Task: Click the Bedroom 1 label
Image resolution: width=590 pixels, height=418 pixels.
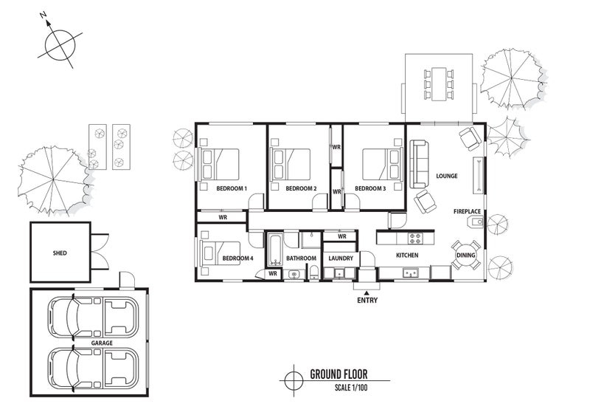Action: (x=232, y=188)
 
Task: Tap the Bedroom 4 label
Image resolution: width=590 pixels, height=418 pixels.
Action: (x=237, y=258)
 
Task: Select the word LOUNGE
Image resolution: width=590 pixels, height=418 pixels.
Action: (x=447, y=176)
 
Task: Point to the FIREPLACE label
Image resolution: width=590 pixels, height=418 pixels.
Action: (x=467, y=211)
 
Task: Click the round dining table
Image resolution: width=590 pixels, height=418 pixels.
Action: (x=466, y=256)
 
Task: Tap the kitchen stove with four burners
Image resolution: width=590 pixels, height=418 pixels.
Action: (x=415, y=239)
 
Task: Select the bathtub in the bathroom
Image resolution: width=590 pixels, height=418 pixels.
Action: (x=275, y=249)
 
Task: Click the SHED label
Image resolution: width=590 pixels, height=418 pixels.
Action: (x=60, y=253)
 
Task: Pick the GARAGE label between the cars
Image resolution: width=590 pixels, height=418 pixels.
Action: (x=102, y=343)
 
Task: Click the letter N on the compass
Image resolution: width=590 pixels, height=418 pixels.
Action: (x=43, y=15)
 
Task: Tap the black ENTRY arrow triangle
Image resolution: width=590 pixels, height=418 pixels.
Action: (x=367, y=292)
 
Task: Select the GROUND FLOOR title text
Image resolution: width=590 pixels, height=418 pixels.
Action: (x=339, y=374)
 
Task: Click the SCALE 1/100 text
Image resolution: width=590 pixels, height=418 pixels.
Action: (x=351, y=388)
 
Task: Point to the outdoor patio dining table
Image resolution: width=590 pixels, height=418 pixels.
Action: (x=438, y=83)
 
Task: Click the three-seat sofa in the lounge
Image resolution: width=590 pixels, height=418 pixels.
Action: (x=419, y=164)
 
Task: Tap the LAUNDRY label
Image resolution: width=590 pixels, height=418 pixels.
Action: (x=341, y=258)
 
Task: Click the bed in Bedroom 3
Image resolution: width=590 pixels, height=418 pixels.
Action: (x=381, y=165)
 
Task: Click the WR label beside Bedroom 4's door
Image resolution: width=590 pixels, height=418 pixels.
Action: (x=273, y=273)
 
